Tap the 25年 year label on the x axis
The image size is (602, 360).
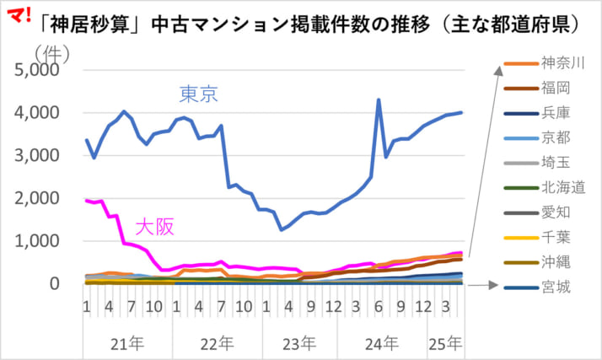(444, 343)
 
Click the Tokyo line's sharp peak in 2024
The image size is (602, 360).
(378, 99)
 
